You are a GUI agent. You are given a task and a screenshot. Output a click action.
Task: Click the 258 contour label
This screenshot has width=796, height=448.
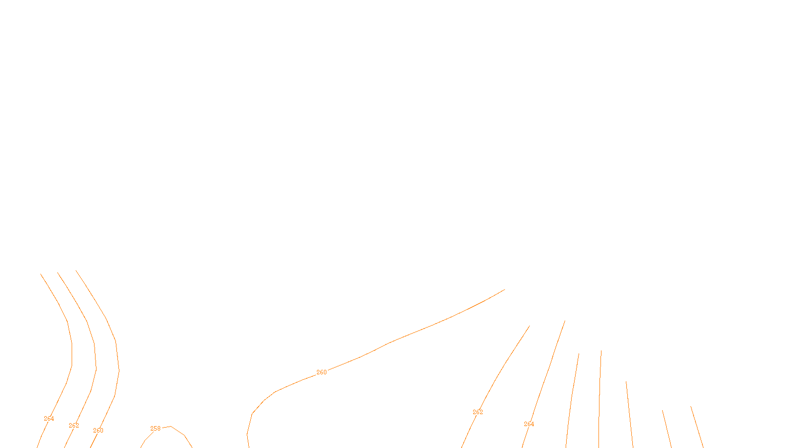pyautogui.click(x=155, y=429)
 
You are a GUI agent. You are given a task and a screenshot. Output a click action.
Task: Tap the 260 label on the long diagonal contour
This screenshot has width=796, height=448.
pyautogui.click(x=322, y=372)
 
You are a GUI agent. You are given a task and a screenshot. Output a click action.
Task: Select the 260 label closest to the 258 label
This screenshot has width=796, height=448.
pyautogui.click(x=98, y=431)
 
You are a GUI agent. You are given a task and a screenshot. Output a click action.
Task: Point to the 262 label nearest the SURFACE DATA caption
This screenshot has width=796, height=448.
pyautogui.click(x=478, y=412)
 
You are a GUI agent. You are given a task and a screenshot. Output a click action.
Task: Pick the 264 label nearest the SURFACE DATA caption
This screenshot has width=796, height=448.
pyautogui.click(x=529, y=424)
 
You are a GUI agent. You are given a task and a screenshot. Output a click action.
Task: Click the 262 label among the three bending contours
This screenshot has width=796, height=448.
pyautogui.click(x=74, y=426)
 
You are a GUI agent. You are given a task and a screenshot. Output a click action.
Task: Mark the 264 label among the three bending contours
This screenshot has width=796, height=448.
pyautogui.click(x=49, y=419)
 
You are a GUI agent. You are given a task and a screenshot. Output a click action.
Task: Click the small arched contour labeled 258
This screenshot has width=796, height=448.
pyautogui.click(x=178, y=430)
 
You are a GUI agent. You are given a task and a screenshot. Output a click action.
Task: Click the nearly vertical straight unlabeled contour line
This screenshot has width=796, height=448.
pyautogui.click(x=599, y=398)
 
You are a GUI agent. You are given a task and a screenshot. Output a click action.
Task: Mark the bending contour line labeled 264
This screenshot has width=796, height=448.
pyautogui.click(x=72, y=353)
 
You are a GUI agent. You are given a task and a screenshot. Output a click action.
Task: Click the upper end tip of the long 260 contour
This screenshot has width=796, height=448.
pyautogui.click(x=504, y=289)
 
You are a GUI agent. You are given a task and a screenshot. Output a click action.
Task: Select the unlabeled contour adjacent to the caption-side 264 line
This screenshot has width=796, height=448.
pyautogui.click(x=572, y=398)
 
